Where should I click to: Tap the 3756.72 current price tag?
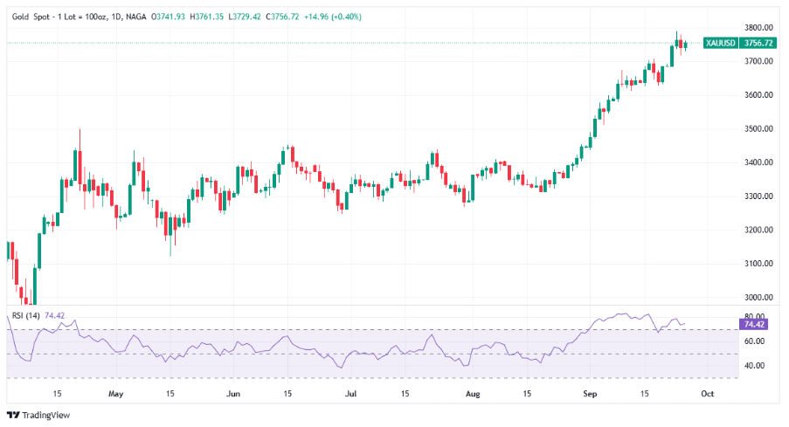tap(757, 43)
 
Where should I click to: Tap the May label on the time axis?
tap(115, 394)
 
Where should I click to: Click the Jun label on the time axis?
tap(233, 394)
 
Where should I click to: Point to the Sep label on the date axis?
tap(590, 394)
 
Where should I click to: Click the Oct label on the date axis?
tap(707, 394)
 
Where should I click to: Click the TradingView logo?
tap(38, 415)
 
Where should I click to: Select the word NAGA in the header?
tap(135, 17)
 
